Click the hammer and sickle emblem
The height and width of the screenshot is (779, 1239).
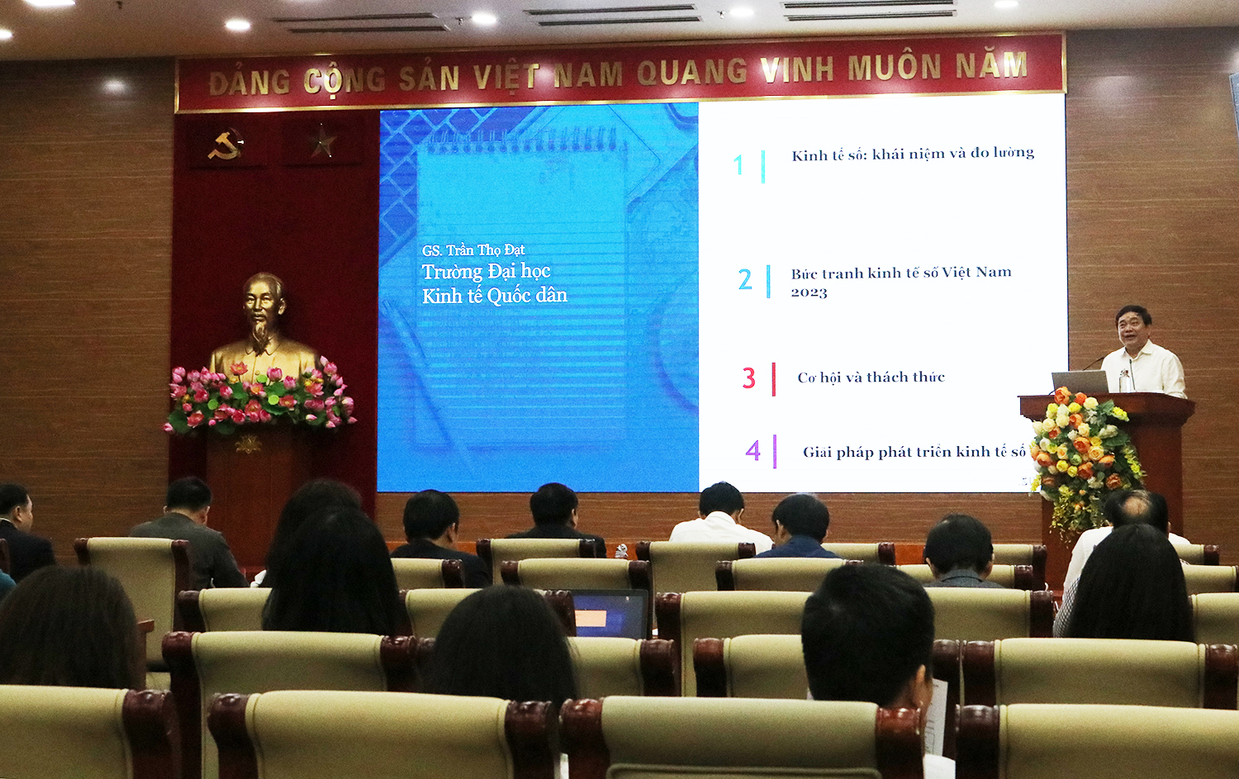pyautogui.click(x=225, y=145)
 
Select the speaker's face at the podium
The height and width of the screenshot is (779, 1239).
pyautogui.click(x=1132, y=331)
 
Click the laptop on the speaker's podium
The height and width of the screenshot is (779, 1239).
pyautogui.click(x=1080, y=382)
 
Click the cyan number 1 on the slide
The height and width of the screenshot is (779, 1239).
pyautogui.click(x=738, y=165)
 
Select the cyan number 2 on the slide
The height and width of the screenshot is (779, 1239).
pyautogui.click(x=745, y=279)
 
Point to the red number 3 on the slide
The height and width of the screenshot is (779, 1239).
pyautogui.click(x=749, y=378)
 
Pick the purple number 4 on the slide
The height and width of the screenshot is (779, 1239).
pyautogui.click(x=753, y=451)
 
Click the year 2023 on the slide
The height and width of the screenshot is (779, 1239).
pyautogui.click(x=809, y=292)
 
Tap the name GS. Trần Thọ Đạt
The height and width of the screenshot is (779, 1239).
pyautogui.click(x=473, y=250)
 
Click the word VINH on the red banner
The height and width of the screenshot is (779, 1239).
pyautogui.click(x=797, y=68)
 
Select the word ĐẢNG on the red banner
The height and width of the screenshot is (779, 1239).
pyautogui.click(x=249, y=83)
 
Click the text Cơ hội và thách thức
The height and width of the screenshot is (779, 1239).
pyautogui.click(x=871, y=378)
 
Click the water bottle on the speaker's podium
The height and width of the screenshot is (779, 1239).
pyautogui.click(x=1124, y=381)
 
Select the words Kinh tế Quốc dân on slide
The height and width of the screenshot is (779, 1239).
pyautogui.click(x=495, y=297)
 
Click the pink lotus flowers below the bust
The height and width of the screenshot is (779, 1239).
pyautogui.click(x=260, y=395)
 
